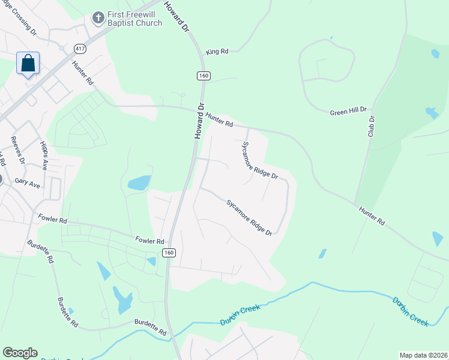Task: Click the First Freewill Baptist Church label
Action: [x=134, y=19]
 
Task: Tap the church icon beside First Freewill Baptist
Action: [x=97, y=19]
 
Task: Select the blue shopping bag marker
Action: [x=28, y=63]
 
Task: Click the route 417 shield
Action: [x=79, y=47]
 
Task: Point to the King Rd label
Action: [x=217, y=52]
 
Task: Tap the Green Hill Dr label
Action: [x=348, y=112]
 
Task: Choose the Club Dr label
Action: [x=371, y=126]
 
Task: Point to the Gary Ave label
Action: [x=28, y=182]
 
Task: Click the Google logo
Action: [x=20, y=353]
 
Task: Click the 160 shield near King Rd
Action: [x=203, y=76]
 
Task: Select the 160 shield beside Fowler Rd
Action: [x=169, y=253]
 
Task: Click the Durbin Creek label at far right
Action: [x=411, y=310]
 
